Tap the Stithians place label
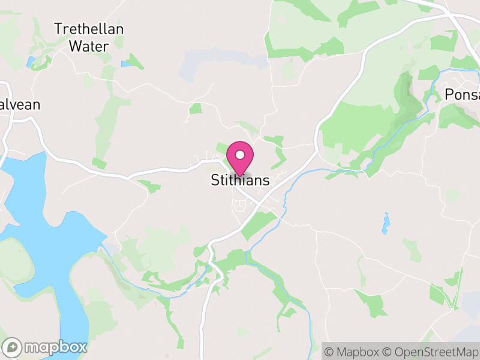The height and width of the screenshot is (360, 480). tap(240, 180)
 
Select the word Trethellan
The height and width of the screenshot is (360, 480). tap(89, 28)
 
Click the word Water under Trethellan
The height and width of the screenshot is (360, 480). tap(88, 46)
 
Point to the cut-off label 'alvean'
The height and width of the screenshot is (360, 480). tap(20, 105)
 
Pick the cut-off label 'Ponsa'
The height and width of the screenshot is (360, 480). tap(462, 94)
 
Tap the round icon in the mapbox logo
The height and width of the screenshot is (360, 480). tap(13, 347)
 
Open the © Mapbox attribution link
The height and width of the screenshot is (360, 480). tap(357, 351)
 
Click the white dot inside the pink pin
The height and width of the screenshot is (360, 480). tap(240, 155)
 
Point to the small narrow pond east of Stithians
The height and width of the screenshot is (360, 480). tap(385, 223)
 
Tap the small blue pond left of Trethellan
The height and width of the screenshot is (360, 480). tap(31, 61)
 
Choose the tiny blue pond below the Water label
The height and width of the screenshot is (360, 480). tap(125, 64)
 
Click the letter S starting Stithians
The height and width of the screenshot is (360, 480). tap(215, 180)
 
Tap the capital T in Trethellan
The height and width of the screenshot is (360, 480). tap(58, 28)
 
